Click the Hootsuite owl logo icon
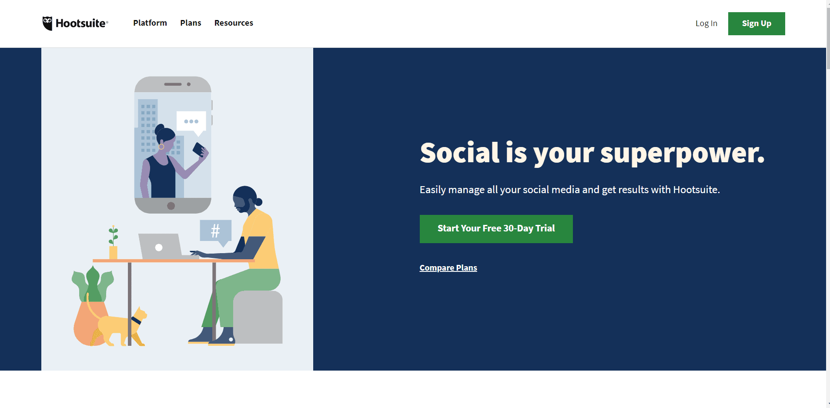(x=47, y=23)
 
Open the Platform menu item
(x=150, y=23)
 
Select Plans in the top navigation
(x=191, y=23)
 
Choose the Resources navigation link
(x=234, y=23)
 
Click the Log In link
(x=706, y=23)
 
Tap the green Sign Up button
(x=756, y=23)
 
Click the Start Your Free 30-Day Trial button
(x=496, y=229)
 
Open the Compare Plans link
(x=448, y=268)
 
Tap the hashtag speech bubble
(x=215, y=231)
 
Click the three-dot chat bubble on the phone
(x=191, y=121)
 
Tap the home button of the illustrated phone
(x=171, y=206)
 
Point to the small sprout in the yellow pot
(x=113, y=236)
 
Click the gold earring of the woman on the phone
(x=161, y=147)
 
